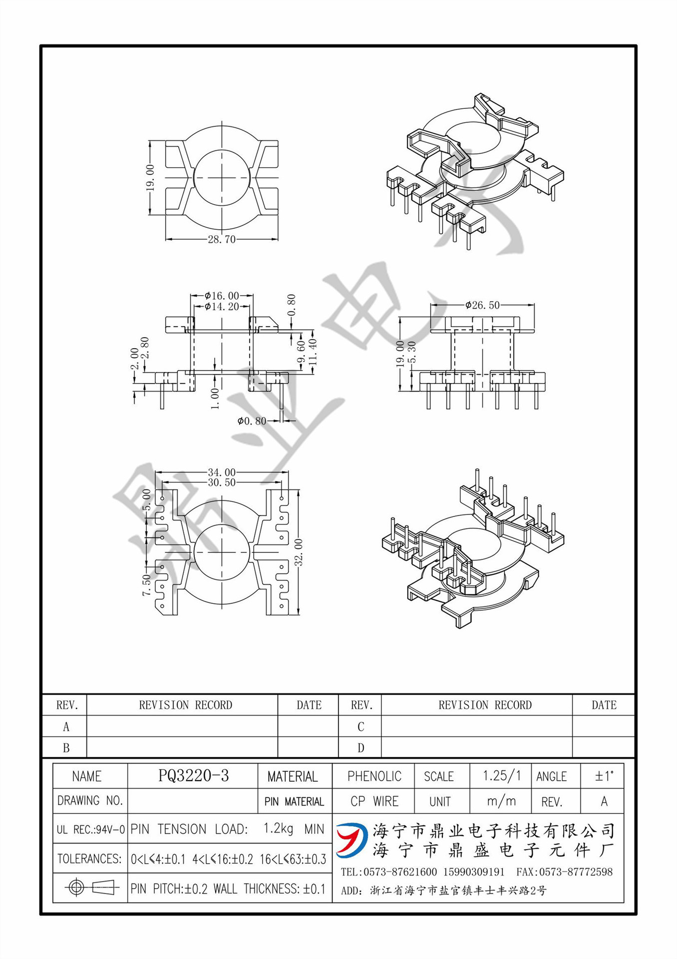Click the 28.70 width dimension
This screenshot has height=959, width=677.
(x=222, y=239)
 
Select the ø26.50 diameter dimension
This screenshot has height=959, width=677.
(x=482, y=305)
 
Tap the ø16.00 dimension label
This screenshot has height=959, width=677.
(x=222, y=296)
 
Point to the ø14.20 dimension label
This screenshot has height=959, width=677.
(x=222, y=307)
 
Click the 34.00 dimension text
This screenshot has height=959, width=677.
(x=222, y=472)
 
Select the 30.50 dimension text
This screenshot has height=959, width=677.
(x=222, y=482)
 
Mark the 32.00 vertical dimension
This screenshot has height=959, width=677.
(x=299, y=552)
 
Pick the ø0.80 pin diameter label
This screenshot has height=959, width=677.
(x=252, y=421)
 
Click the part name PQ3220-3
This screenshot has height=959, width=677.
(x=193, y=776)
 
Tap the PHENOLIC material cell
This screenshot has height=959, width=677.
(x=374, y=776)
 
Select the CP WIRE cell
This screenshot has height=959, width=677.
(x=374, y=801)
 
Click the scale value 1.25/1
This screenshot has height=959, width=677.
(x=501, y=776)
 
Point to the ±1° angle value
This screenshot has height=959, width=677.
(x=604, y=776)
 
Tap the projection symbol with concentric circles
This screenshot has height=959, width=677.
(x=76, y=888)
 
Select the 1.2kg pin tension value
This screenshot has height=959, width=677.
(x=278, y=829)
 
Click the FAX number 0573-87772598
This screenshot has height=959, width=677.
(x=564, y=872)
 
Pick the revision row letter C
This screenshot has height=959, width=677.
(x=360, y=727)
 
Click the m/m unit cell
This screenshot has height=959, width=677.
(x=501, y=801)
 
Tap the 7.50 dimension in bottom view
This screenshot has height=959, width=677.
(x=146, y=584)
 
